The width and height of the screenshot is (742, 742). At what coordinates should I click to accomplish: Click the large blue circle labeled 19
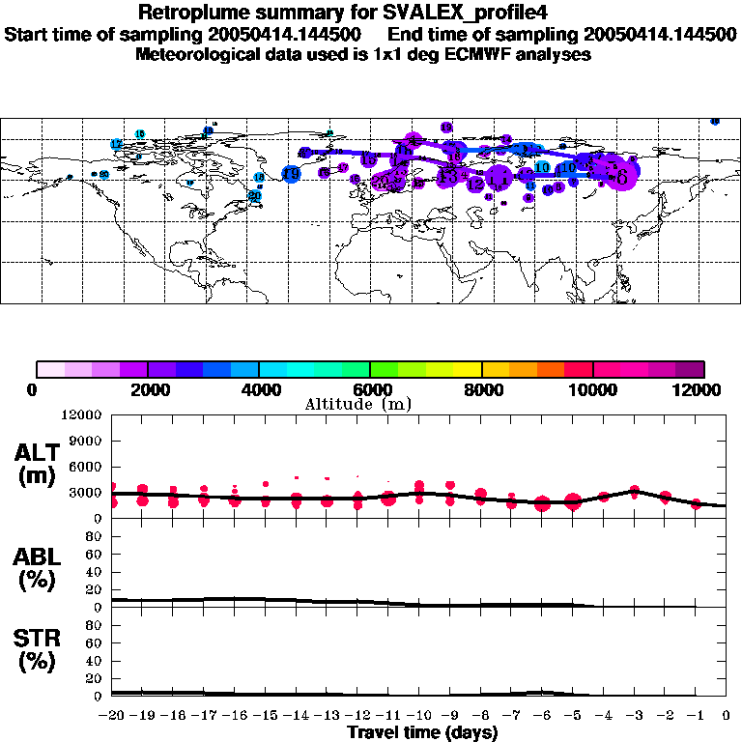coord(291,174)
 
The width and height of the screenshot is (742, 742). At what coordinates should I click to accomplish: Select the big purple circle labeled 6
coord(621,177)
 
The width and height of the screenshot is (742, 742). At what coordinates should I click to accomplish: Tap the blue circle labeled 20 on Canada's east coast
coord(255,195)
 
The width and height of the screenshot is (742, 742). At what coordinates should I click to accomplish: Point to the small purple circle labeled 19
coord(446,128)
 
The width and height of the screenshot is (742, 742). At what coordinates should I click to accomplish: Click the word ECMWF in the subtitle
coord(481,54)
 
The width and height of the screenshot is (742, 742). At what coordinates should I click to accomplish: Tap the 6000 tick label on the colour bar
coord(370,390)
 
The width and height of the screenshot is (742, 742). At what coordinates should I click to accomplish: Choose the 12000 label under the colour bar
coord(702,390)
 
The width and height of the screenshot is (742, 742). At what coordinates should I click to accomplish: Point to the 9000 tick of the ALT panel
coord(88,441)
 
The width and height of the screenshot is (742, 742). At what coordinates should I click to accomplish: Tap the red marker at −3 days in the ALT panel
coord(635,492)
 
